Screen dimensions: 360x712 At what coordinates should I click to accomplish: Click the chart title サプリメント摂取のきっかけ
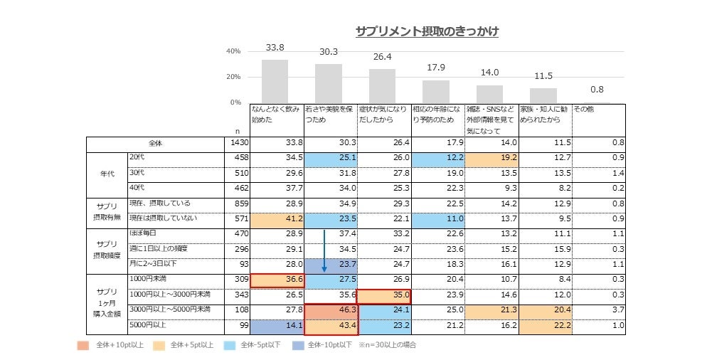click(427, 32)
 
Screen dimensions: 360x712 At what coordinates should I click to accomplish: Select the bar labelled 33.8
click(275, 81)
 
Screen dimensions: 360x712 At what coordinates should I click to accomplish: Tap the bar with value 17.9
click(435, 92)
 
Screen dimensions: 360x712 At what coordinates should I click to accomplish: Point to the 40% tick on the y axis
click(233, 51)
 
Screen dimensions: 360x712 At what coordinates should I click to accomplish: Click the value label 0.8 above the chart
click(597, 89)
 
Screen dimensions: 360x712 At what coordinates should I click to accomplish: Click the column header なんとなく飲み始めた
click(277, 115)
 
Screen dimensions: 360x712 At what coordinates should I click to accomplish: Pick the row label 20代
click(137, 157)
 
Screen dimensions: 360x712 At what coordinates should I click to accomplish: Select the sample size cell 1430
click(236, 143)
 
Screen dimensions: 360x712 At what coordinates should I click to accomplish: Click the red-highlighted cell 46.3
click(331, 311)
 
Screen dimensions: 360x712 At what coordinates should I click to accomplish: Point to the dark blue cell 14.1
click(277, 327)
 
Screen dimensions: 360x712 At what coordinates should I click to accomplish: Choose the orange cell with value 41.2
click(277, 218)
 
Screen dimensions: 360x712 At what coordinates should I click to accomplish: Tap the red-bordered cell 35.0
click(384, 295)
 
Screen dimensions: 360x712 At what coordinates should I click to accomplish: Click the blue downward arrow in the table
click(324, 251)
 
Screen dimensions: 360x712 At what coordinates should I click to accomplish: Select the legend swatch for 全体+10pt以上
click(83, 345)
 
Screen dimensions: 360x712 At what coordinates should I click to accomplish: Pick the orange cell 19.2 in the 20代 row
click(492, 157)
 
